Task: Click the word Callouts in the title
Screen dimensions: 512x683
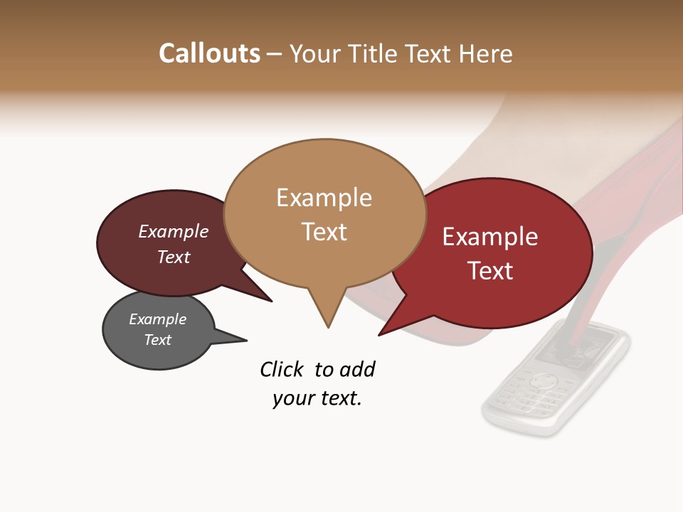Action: (209, 53)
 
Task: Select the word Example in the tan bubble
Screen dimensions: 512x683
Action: (324, 198)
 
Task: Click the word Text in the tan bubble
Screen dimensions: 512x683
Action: (324, 232)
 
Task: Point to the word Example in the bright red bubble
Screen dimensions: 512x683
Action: (489, 237)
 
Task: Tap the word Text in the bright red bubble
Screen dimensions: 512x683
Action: (489, 271)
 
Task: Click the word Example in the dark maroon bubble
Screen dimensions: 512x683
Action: (173, 231)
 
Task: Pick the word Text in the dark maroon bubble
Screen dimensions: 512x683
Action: (173, 257)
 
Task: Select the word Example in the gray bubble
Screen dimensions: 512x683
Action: (157, 319)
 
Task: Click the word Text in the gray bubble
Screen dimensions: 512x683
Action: (157, 340)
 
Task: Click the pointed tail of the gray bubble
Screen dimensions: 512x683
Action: (245, 340)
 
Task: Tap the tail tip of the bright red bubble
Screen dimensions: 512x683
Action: (379, 334)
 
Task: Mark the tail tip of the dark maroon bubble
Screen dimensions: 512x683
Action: (271, 301)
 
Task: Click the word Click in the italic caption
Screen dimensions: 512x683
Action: (283, 369)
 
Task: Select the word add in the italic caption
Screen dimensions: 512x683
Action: (356, 369)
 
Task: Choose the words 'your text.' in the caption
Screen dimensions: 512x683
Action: (317, 398)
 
